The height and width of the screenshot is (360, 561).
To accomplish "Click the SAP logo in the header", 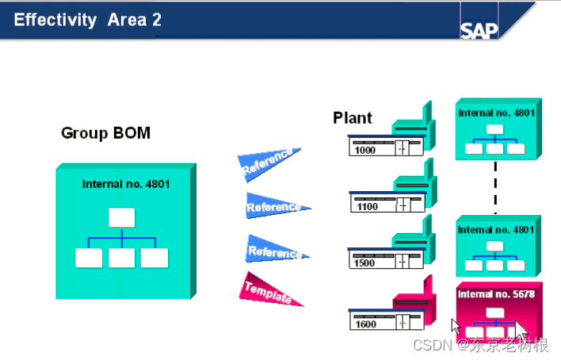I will [x=479, y=29].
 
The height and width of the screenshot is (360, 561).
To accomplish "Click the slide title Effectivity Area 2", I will [x=88, y=20].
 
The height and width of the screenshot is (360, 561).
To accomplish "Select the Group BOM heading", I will [x=105, y=133].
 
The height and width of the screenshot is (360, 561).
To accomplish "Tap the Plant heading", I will [x=353, y=118].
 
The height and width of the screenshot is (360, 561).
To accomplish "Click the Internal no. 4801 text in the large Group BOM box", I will [x=126, y=184].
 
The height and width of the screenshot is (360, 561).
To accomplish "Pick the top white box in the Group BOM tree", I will [x=121, y=217].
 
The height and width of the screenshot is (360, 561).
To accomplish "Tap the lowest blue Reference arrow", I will [x=273, y=251].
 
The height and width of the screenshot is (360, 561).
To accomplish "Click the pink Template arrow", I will [x=269, y=291].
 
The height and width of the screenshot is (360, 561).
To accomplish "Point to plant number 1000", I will [x=366, y=150].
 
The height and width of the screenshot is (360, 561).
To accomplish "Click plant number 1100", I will [x=368, y=207].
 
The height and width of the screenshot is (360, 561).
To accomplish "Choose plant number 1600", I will [x=366, y=323].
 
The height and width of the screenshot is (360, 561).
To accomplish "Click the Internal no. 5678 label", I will [x=496, y=293].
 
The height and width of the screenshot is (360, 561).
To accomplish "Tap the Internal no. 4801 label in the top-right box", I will [x=496, y=113].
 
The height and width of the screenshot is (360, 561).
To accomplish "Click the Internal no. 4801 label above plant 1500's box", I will [x=496, y=230].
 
